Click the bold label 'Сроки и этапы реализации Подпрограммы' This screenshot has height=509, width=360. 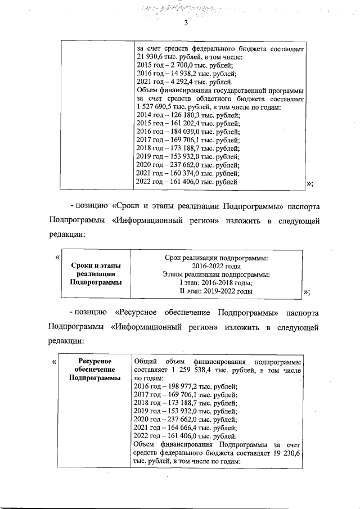click(95, 274)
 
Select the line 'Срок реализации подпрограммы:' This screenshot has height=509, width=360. click(217, 258)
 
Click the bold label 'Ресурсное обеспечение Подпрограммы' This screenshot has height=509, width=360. click(95, 370)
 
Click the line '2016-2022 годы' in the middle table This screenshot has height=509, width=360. click(217, 266)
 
